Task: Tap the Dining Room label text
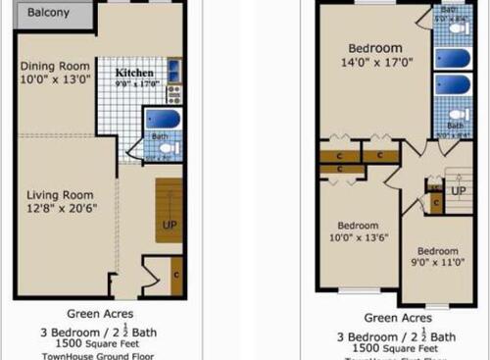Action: [55, 68]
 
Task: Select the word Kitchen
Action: [133, 73]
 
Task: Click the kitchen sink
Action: [173, 71]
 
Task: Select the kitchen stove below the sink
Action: [173, 93]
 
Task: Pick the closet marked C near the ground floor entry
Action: [176, 276]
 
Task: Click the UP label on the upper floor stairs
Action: [459, 189]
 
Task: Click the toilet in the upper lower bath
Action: [455, 125]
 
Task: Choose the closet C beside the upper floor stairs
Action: [435, 202]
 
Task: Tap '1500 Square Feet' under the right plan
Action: [397, 347]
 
